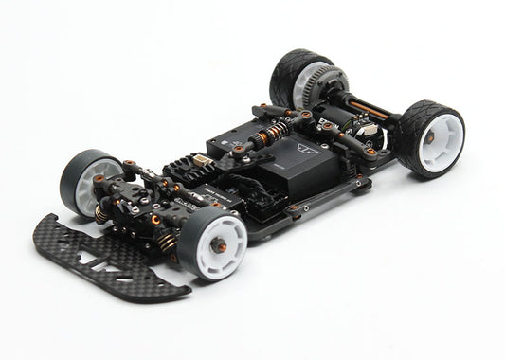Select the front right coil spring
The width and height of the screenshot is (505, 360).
pos(168,243)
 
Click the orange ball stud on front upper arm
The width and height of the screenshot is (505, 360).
pos(131,165)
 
